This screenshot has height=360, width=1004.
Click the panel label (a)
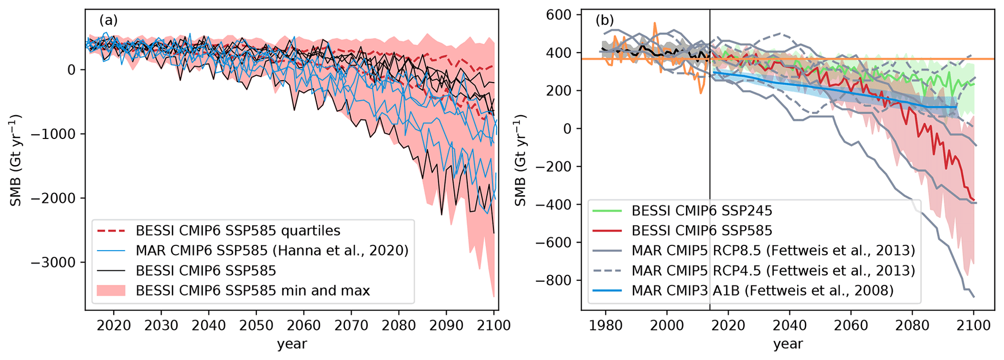108,20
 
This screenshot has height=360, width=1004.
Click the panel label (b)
605,20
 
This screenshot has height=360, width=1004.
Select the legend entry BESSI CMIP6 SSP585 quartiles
238,230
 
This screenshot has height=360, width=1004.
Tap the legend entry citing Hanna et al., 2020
272,250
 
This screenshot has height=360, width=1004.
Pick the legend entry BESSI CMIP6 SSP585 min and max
253,291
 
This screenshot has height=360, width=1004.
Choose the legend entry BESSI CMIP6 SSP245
702,210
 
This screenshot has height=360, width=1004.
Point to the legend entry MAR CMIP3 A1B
763,291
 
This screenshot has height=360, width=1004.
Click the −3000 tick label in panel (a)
54,262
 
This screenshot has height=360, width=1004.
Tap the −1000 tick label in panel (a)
54,134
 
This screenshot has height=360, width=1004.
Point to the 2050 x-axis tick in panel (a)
256,325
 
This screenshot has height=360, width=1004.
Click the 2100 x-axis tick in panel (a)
493,325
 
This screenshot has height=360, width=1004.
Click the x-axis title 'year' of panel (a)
292,344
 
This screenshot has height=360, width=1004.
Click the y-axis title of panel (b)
520,160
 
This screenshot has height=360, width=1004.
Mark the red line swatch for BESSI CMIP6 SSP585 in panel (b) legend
607,230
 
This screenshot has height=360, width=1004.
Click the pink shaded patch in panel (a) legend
111,291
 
